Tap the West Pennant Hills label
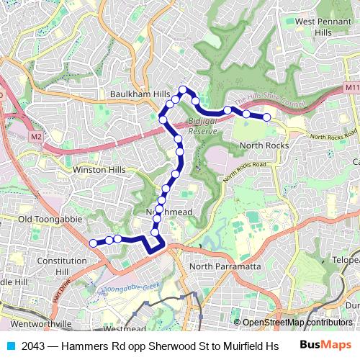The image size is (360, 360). (323, 27)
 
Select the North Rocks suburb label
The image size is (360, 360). (264, 145)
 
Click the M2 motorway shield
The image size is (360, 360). (37, 135)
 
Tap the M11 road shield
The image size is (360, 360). (350, 87)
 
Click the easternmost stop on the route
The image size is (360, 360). (266, 117)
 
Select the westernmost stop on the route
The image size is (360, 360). (93, 243)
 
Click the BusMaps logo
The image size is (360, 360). (325, 346)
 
